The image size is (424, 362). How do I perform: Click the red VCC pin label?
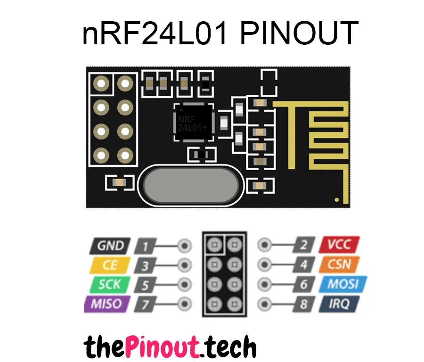(x=339, y=246)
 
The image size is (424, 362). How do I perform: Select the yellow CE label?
(x=109, y=265)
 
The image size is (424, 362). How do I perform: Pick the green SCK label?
(x=109, y=285)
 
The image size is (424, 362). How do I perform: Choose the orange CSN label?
(x=340, y=265)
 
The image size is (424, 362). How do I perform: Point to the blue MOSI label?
(x=342, y=285)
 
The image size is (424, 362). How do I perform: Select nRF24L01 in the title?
(x=155, y=34)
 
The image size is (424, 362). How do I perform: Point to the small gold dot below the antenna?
(x=336, y=199)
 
